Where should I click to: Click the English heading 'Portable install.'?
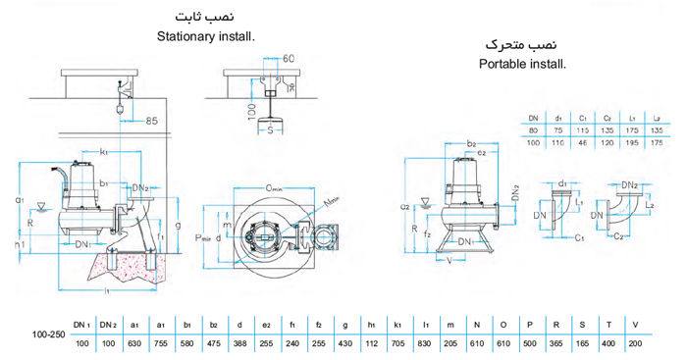click(x=523, y=64)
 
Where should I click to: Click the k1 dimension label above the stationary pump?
click(x=104, y=154)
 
